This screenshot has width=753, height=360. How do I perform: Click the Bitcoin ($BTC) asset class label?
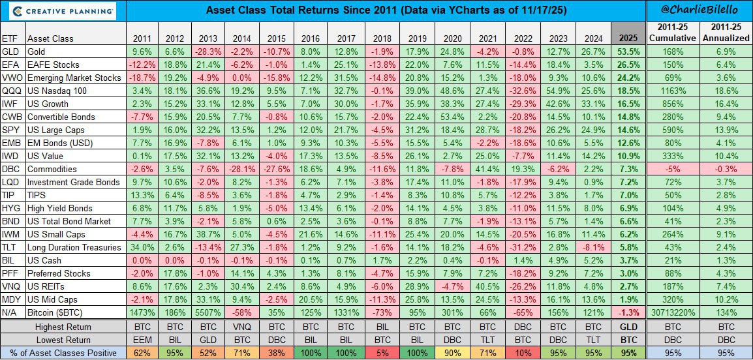tap(59, 312)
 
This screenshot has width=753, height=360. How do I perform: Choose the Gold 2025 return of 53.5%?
tap(628, 51)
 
